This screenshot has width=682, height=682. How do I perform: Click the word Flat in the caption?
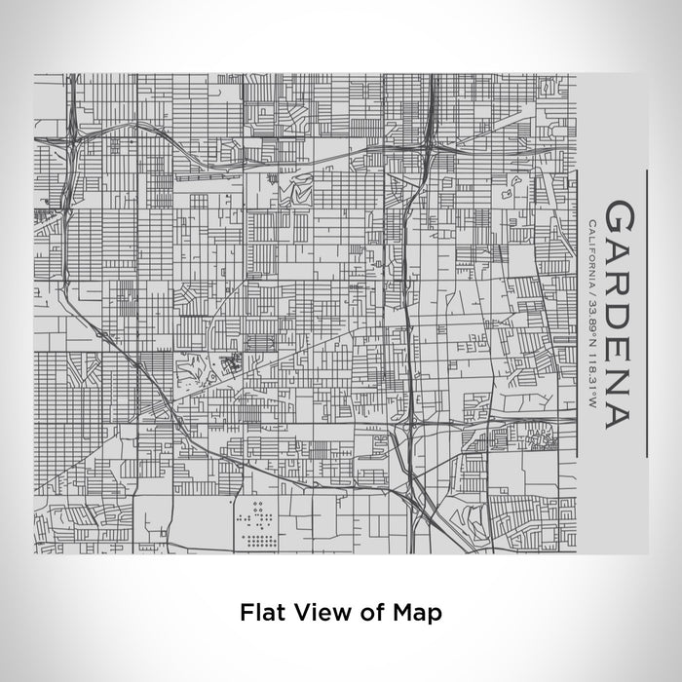255,613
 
